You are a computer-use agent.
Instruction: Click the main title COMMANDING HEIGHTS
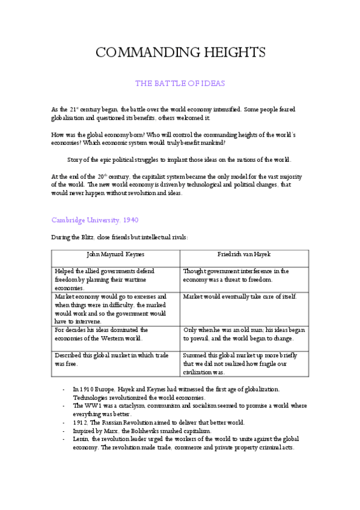(180, 53)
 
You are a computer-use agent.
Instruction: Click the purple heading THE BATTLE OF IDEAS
(180, 84)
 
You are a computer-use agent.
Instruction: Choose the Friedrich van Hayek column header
(245, 254)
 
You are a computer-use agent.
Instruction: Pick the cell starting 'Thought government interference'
(236, 275)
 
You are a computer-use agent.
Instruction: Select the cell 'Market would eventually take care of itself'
(240, 297)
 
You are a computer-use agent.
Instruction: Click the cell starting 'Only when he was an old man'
(244, 334)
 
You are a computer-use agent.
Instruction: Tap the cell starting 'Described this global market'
(110, 359)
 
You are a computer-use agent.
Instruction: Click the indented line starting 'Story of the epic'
(179, 159)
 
